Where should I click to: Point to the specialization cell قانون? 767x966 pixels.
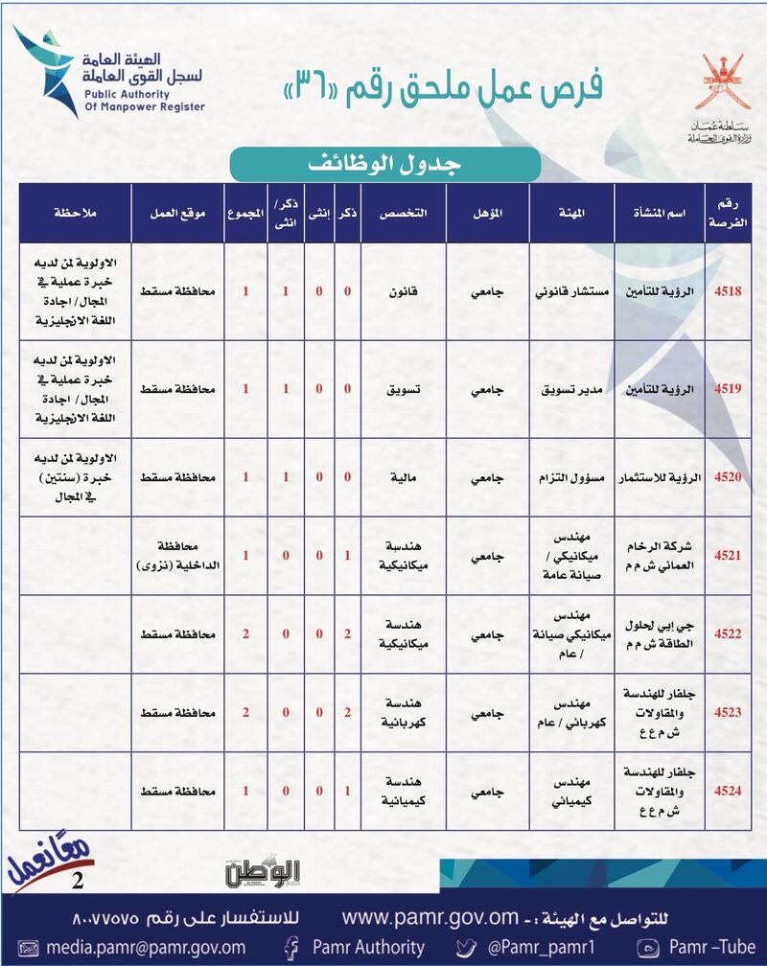pyautogui.click(x=403, y=291)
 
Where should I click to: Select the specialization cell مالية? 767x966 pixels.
pyautogui.click(x=403, y=476)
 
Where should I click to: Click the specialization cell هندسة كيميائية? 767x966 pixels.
pyautogui.click(x=403, y=792)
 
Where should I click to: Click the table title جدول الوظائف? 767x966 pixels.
pyautogui.click(x=383, y=163)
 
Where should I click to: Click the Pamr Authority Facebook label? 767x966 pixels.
pyautogui.click(x=359, y=947)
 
